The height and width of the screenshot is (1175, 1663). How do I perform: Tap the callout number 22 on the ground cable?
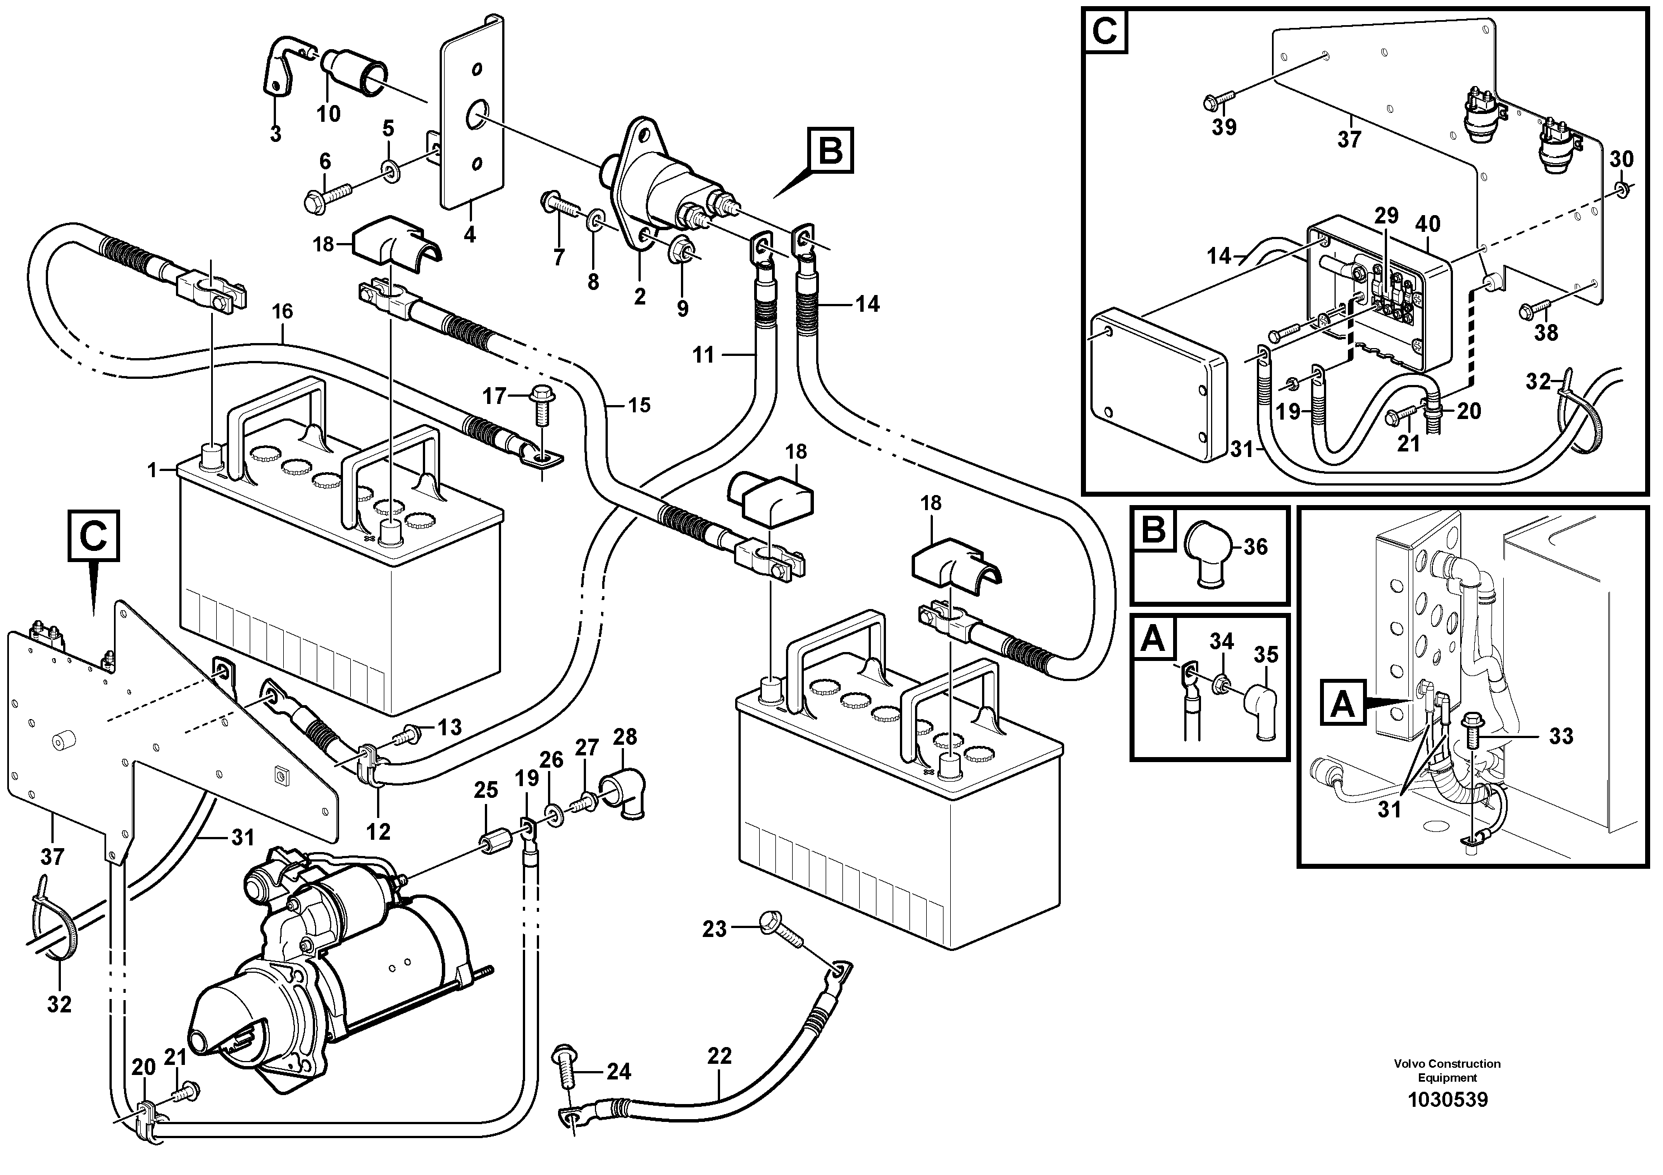pos(719,1056)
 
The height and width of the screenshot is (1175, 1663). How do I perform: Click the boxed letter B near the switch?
pos(830,151)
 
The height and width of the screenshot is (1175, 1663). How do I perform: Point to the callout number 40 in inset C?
pos(1428,224)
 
